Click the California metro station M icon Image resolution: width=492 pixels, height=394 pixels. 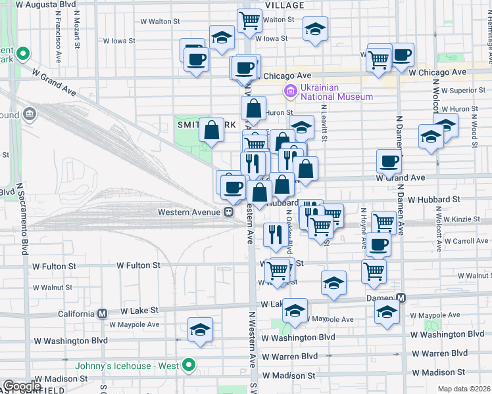tap(102, 313)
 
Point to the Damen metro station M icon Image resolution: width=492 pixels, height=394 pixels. tap(401, 298)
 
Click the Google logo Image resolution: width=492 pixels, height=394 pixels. tap(22, 386)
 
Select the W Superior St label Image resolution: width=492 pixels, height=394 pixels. tap(463, 90)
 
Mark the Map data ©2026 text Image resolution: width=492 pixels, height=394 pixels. tap(464, 389)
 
